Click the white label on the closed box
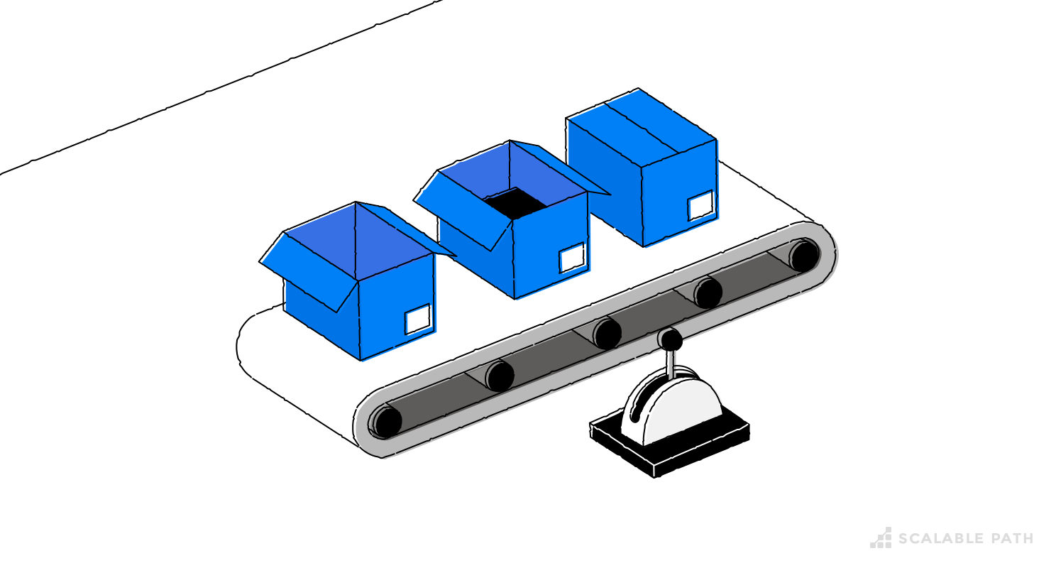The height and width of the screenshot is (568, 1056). pyautogui.click(x=700, y=205)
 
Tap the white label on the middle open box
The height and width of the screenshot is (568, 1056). pyautogui.click(x=572, y=258)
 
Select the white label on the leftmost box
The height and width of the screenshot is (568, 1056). pyautogui.click(x=418, y=319)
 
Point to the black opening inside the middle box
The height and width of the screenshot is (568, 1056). pyautogui.click(x=516, y=203)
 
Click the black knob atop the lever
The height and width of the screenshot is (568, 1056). pyautogui.click(x=671, y=340)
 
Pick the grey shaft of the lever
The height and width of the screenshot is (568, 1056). pyautogui.click(x=670, y=364)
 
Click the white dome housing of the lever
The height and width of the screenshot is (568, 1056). pyautogui.click(x=681, y=412)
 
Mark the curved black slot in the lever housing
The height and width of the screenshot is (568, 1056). pyautogui.click(x=643, y=398)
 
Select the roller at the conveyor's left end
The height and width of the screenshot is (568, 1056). pyautogui.click(x=387, y=422)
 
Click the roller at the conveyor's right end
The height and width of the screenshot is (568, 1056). pyautogui.click(x=804, y=256)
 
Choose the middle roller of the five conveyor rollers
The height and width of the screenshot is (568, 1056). pyautogui.click(x=607, y=334)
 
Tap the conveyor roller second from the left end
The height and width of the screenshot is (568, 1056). pyautogui.click(x=500, y=376)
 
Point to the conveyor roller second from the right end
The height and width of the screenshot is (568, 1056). pyautogui.click(x=708, y=293)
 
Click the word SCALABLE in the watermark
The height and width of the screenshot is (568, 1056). pyautogui.click(x=941, y=539)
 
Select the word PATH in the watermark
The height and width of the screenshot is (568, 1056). pyautogui.click(x=1012, y=539)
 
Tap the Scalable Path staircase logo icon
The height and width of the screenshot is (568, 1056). pyautogui.click(x=881, y=538)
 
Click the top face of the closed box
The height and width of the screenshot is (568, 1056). pyautogui.click(x=641, y=128)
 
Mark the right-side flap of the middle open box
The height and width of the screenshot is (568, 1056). pyautogui.click(x=561, y=168)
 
